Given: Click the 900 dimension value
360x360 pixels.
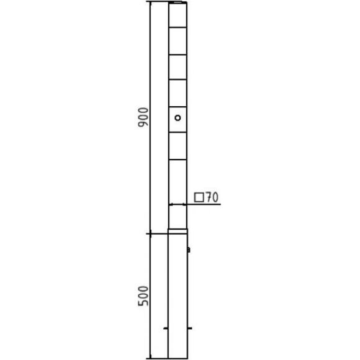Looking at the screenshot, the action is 143,117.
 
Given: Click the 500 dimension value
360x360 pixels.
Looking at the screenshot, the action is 143,296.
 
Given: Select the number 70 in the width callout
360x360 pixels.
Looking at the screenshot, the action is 212,197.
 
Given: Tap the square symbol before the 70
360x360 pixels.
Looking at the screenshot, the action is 199,197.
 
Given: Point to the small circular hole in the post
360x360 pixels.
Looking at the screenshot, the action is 178,118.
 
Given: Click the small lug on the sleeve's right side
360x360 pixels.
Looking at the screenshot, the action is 189,250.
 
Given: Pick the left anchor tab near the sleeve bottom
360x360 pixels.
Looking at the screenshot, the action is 166,328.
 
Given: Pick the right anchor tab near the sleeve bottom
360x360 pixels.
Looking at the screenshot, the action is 190,328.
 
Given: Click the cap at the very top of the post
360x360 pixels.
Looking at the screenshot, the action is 178,2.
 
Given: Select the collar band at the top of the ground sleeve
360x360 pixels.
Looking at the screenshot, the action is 178,231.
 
